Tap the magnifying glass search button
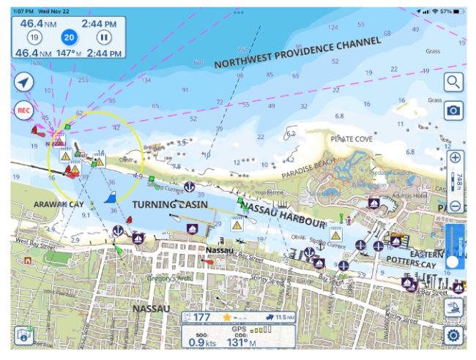[454, 82]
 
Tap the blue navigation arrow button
[24, 82]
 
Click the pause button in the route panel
[105, 37]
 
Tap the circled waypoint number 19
[34, 37]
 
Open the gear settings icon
[454, 335]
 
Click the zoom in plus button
[455, 158]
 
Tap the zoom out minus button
[455, 206]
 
